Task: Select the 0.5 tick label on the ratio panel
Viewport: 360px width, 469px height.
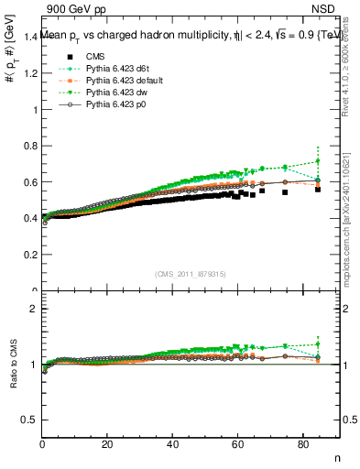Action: coord(30,420)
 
